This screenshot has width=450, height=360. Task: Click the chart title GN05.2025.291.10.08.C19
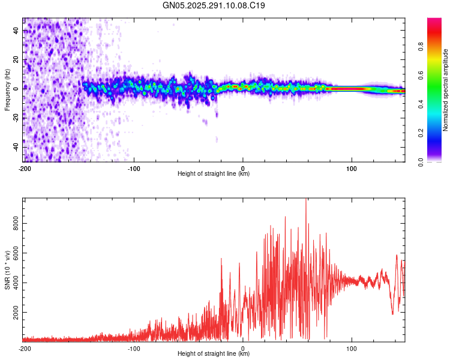214,5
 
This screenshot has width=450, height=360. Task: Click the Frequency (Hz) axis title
7,89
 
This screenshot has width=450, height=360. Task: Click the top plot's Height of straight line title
214,174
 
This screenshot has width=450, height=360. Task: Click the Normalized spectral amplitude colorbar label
445,89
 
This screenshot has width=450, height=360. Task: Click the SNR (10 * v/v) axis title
7,270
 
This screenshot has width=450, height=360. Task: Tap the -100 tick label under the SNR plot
133,347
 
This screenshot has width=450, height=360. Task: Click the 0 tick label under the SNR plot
243,347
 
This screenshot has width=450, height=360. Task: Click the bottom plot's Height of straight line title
214,354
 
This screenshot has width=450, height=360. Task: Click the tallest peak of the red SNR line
306,200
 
